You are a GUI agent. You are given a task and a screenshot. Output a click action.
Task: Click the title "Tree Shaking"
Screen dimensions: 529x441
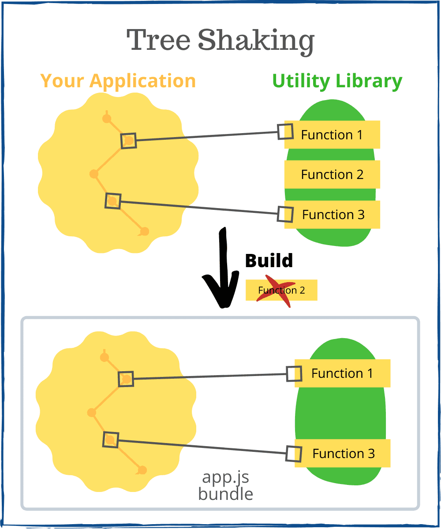click(220, 41)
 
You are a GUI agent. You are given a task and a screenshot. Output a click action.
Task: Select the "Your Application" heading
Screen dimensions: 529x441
click(118, 81)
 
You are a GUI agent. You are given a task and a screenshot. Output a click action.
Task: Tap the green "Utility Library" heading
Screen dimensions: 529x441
click(337, 82)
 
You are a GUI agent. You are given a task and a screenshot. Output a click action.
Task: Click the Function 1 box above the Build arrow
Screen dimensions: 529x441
click(332, 134)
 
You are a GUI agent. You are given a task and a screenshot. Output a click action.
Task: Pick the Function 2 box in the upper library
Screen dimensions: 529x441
click(332, 175)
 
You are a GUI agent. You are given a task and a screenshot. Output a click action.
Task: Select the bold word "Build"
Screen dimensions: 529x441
click(269, 261)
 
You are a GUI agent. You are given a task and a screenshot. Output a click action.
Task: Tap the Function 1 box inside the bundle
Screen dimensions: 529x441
click(342, 373)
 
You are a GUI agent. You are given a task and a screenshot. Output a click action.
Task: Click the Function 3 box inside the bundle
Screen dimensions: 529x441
click(343, 453)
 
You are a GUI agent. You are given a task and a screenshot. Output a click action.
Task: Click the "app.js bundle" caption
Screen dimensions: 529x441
click(226, 485)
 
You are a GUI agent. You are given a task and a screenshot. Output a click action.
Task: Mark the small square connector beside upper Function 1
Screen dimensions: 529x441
click(285, 131)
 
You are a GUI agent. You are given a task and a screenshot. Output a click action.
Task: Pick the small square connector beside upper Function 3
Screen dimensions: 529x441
click(285, 214)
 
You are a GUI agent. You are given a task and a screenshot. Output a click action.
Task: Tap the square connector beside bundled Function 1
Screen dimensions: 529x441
click(294, 374)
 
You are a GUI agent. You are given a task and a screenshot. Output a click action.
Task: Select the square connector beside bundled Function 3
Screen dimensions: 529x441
click(294, 454)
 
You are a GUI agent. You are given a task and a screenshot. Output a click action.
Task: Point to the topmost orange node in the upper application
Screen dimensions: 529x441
click(106, 118)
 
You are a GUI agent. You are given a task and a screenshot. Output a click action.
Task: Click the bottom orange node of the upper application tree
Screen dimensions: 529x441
click(144, 231)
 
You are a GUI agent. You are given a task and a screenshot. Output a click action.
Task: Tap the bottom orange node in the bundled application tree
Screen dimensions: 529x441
click(142, 470)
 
